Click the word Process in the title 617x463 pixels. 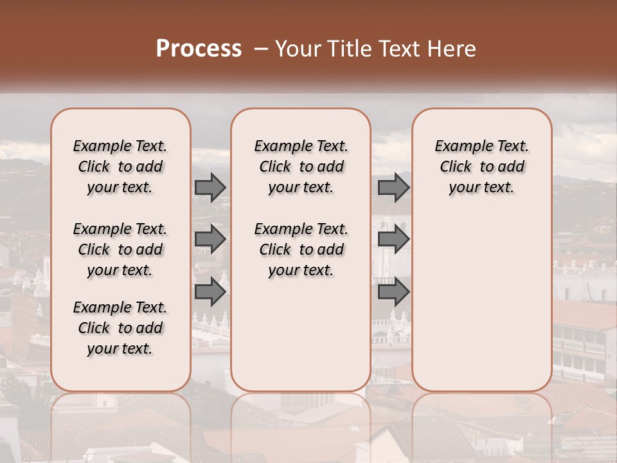(198, 49)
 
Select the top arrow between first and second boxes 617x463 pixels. (210, 187)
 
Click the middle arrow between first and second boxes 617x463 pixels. (210, 239)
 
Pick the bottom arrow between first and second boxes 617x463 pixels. (210, 292)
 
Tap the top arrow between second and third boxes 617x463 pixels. (393, 187)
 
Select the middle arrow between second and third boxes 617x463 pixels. (393, 239)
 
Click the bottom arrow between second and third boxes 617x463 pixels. (393, 292)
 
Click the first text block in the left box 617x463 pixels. (120, 167)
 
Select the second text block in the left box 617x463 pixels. (120, 250)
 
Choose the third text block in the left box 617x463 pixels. (120, 328)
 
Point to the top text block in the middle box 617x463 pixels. (301, 167)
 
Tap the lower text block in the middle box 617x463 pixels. (301, 250)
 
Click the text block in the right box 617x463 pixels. (481, 167)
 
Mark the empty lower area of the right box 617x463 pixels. (481, 296)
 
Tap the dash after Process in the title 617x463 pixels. (260, 49)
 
